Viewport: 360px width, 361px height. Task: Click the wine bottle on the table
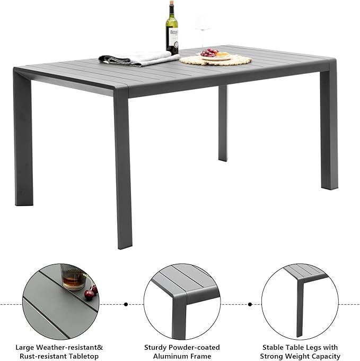(x=172, y=32)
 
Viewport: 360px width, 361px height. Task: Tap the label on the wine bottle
(x=172, y=38)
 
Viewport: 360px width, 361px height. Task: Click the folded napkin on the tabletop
(x=139, y=58)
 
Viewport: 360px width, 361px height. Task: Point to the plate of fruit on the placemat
(x=215, y=55)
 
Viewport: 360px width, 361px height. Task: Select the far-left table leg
(x=23, y=143)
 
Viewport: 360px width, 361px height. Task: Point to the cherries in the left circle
(x=91, y=292)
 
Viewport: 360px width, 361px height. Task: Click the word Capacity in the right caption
(x=324, y=356)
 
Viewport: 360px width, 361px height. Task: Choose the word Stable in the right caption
(x=274, y=347)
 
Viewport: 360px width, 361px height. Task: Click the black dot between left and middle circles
(x=126, y=305)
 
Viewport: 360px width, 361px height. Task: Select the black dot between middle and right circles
(x=250, y=305)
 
